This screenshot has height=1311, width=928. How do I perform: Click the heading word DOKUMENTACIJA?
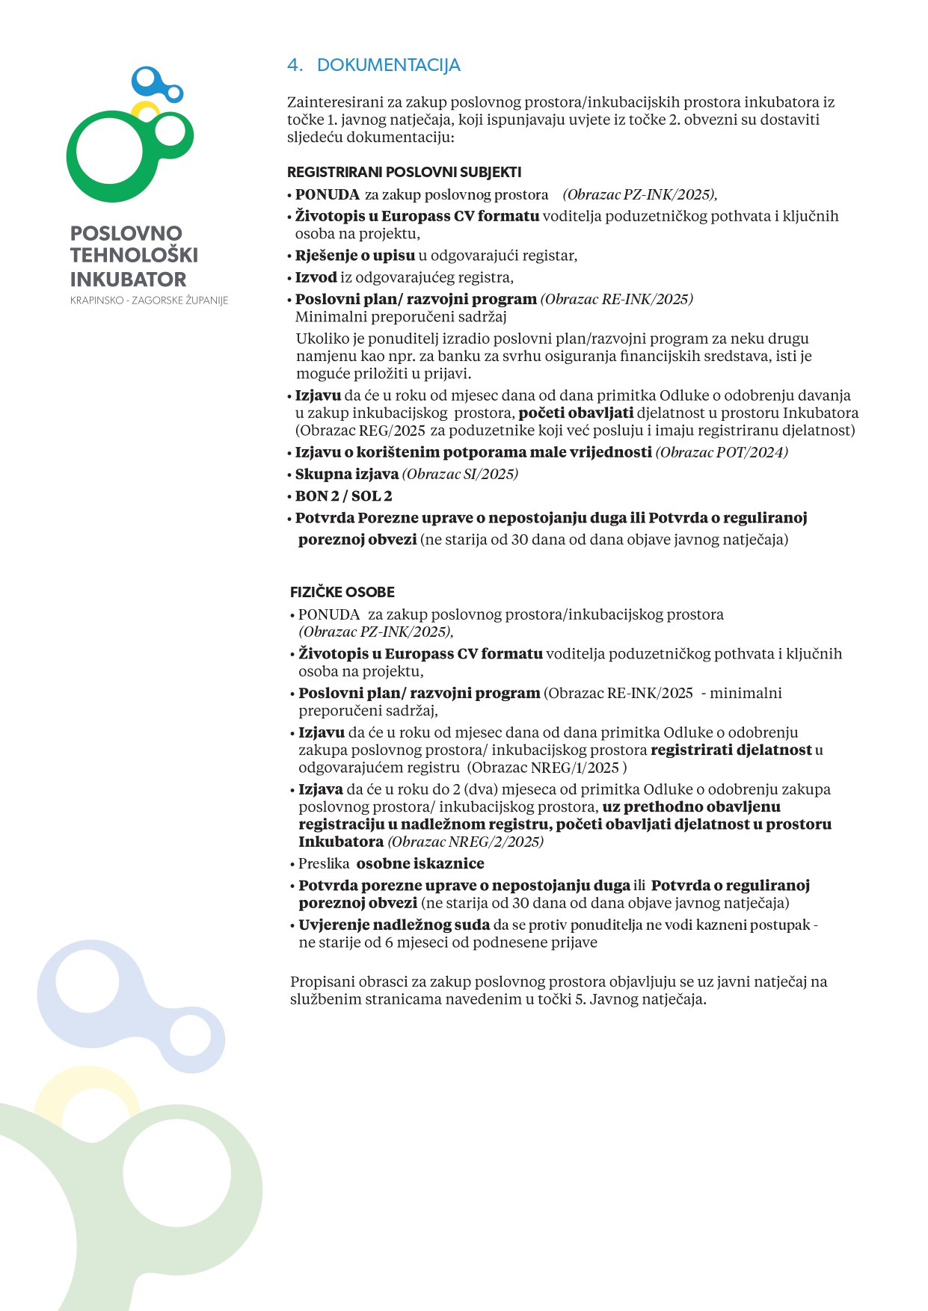point(388,65)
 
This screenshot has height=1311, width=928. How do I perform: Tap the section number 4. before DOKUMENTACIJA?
point(295,65)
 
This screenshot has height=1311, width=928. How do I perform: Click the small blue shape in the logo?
point(155,83)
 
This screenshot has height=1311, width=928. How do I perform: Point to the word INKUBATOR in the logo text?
point(128,280)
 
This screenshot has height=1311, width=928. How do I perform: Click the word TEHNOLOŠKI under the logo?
point(134,256)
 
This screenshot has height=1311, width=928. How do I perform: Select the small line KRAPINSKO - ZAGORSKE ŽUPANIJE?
point(149,300)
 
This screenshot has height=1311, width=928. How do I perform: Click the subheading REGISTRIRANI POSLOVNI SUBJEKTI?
point(404,172)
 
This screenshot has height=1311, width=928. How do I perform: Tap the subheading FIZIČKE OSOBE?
point(342,592)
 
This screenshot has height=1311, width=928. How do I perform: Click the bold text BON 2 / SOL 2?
point(343,496)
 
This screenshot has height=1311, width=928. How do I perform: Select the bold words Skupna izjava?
point(346,474)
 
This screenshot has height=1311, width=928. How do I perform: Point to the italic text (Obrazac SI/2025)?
point(460,474)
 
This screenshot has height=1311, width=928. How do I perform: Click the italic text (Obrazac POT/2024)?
point(722,452)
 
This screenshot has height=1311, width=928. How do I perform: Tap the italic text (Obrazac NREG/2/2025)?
point(465,842)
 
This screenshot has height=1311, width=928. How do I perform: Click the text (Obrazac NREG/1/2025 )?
point(547,768)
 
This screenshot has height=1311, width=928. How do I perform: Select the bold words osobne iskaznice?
point(420,863)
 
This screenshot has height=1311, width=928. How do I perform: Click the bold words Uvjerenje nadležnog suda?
point(394,925)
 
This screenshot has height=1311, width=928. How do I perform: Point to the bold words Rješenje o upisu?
point(354,256)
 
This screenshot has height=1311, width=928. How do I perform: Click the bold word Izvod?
point(316,277)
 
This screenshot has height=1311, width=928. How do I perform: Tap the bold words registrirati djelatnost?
point(731,750)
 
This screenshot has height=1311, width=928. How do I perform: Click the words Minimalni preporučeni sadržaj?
point(401,316)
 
